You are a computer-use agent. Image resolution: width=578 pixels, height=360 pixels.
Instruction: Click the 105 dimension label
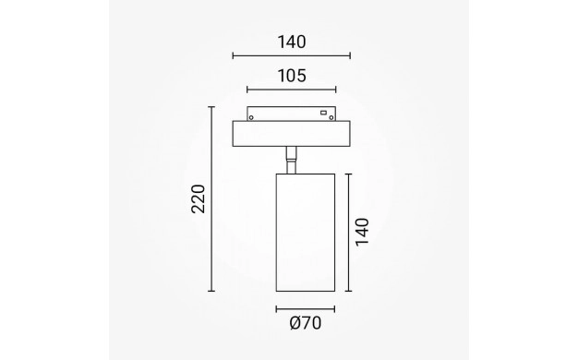click(x=292, y=76)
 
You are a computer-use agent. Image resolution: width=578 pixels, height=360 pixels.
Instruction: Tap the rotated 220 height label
click(x=199, y=199)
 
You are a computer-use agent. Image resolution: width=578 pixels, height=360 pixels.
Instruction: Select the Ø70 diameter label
click(x=306, y=323)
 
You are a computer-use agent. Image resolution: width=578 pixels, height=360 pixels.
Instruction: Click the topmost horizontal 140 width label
click(x=292, y=42)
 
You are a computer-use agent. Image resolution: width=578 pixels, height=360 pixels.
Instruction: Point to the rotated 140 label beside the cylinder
click(x=362, y=232)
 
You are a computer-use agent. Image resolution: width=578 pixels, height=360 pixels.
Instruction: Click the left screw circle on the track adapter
click(x=251, y=117)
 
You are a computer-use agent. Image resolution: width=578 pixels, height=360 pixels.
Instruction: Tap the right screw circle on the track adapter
click(x=331, y=117)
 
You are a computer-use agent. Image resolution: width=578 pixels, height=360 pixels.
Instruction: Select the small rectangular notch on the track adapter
click(x=324, y=113)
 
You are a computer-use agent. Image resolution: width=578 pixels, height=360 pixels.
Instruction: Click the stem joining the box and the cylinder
click(x=291, y=160)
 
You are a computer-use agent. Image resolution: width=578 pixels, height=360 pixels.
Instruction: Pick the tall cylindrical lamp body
click(x=306, y=233)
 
